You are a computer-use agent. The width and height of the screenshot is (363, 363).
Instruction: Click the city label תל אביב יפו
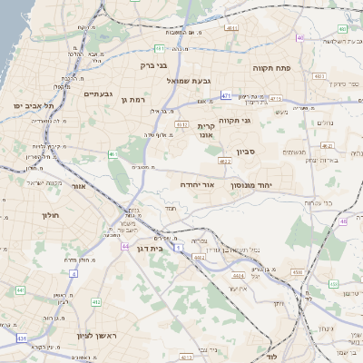(30, 105)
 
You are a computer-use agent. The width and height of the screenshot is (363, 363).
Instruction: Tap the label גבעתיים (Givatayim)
(97, 93)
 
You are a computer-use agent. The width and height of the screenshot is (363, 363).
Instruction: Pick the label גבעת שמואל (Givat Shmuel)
(190, 81)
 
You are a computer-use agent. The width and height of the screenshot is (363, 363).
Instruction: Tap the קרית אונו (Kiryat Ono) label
(205, 130)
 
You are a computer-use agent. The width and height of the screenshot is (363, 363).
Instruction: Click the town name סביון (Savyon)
(248, 152)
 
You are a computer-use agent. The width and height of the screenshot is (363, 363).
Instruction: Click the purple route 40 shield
(299, 37)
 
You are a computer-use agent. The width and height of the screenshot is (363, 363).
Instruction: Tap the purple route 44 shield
(124, 245)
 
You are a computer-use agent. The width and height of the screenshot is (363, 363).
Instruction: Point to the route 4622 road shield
(224, 161)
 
